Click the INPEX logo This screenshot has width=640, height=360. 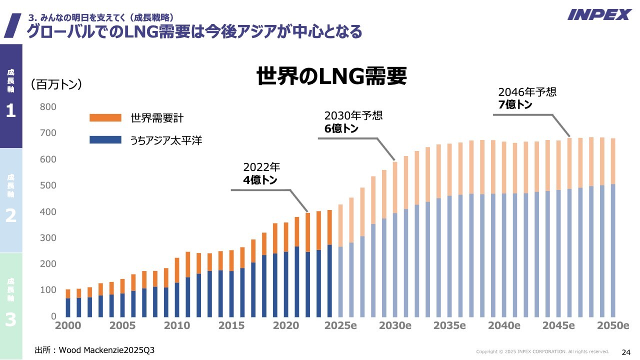point(599,14)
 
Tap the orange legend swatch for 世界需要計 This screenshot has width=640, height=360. point(105,118)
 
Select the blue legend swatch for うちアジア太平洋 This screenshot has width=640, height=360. point(105,140)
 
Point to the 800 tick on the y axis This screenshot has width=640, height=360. point(48,107)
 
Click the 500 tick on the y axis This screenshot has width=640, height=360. point(48,185)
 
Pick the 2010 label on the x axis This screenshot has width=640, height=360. point(177,325)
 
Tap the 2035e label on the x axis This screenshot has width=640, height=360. point(449,325)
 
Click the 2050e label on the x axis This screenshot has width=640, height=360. point(613,325)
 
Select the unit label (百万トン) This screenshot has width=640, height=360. point(56,84)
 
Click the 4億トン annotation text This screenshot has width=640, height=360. point(260,180)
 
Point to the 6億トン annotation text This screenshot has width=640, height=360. point(341,128)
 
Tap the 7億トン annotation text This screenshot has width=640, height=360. point(515,105)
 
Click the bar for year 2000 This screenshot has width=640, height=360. point(68,303)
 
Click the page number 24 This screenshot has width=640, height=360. point(626,351)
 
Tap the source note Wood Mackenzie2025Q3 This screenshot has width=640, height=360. point(94,350)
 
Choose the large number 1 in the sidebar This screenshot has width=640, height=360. point(10,111)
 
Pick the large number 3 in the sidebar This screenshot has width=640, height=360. point(10,320)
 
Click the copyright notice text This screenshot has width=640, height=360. point(542,351)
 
